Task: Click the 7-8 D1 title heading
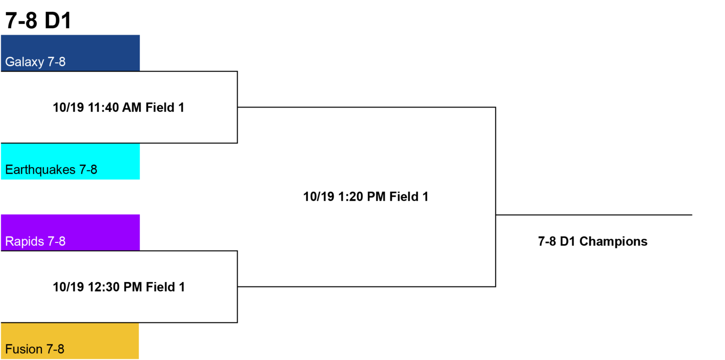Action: (x=38, y=20)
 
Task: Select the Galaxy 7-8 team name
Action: (x=35, y=62)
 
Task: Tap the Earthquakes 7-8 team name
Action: (x=51, y=170)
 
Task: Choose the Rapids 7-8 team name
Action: (x=35, y=241)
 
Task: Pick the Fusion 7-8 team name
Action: (x=34, y=349)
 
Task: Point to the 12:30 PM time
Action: (x=115, y=287)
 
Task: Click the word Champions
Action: (x=613, y=242)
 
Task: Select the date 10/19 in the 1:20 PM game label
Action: (x=319, y=197)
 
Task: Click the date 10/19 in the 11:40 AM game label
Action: (x=68, y=108)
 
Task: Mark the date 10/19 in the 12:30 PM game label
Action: (x=68, y=287)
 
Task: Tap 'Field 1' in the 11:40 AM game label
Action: (x=165, y=108)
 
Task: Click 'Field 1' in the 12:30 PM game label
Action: (x=165, y=287)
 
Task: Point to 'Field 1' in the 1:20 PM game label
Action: (x=409, y=197)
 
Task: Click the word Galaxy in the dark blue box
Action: (x=25, y=62)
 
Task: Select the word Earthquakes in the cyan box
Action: (x=41, y=170)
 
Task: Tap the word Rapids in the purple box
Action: (x=25, y=241)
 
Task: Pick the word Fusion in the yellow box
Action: (x=24, y=349)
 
